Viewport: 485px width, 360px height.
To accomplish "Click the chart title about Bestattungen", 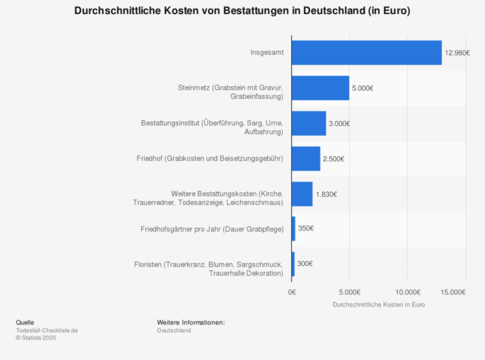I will point(242,12).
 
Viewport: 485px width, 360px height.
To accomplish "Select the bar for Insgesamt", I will point(366,53).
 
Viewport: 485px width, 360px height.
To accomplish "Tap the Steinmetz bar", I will point(320,88).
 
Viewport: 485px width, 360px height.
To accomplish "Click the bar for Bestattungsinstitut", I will point(308,123).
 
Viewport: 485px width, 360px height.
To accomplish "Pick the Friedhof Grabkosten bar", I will point(306,158).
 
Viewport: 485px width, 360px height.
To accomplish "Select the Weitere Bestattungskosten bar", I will point(302,194).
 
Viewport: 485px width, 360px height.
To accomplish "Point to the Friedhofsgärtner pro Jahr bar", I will point(293,228).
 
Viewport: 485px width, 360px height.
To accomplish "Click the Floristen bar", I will point(293,263).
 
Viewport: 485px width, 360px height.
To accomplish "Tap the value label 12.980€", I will point(457,53).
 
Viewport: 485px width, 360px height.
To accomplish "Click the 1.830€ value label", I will point(327,194).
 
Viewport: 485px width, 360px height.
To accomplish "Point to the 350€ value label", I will point(306,228).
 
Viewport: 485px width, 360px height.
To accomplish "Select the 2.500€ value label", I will point(334,158).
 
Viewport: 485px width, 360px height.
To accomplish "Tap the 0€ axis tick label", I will point(292,292).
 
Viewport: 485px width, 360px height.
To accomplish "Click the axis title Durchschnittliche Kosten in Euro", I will point(378,305).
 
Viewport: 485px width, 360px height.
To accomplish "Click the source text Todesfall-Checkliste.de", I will point(47,330).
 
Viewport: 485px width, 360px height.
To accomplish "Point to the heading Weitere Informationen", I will point(191,322).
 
